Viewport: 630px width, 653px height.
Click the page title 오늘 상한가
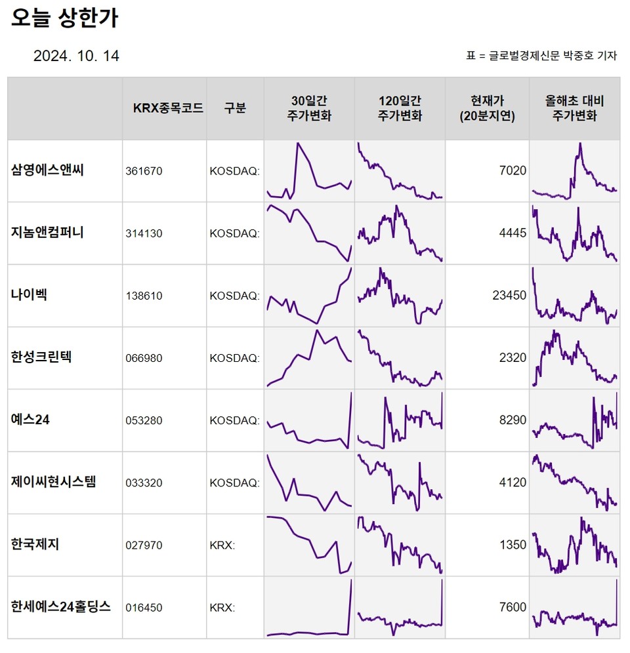pyautogui.click(x=64, y=18)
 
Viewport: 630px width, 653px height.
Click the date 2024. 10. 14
pyautogui.click(x=76, y=56)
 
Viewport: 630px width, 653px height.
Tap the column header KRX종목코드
pyautogui.click(x=168, y=108)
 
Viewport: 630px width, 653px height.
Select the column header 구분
pyautogui.click(x=234, y=108)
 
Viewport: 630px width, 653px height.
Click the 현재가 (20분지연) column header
pyautogui.click(x=487, y=108)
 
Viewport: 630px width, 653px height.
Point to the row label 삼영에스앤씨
pyautogui.click(x=48, y=170)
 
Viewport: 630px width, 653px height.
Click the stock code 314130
pyautogui.click(x=143, y=233)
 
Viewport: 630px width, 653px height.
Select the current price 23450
pyautogui.click(x=509, y=296)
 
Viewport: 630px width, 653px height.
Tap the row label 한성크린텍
pyautogui.click(x=41, y=357)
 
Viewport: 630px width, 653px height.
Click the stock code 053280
pyautogui.click(x=143, y=420)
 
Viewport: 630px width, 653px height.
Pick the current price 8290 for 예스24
pyautogui.click(x=513, y=420)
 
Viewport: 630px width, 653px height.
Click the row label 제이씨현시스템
pyautogui.click(x=53, y=481)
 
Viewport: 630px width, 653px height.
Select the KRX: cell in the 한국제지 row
pyautogui.click(x=222, y=545)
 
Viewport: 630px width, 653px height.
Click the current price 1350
pyautogui.click(x=513, y=545)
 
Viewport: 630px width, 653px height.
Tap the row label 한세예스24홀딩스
pyautogui.click(x=61, y=606)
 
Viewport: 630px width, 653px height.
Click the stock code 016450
pyautogui.click(x=143, y=608)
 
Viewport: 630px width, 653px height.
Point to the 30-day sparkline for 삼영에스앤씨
pyautogui.click(x=309, y=170)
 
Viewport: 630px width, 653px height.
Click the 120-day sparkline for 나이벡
pyautogui.click(x=400, y=296)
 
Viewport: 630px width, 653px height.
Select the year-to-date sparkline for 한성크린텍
pyautogui.click(x=574, y=358)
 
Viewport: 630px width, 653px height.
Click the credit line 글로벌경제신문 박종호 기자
pyautogui.click(x=548, y=56)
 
